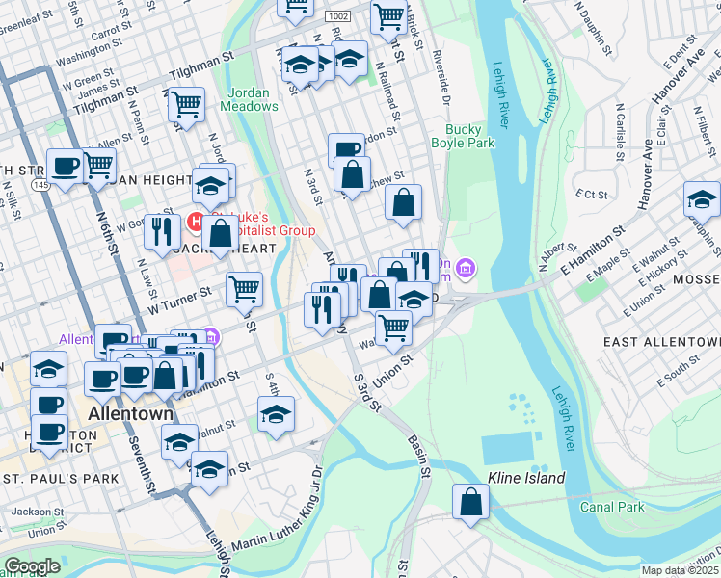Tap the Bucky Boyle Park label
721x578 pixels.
point(469,136)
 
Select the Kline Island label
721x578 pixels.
point(526,478)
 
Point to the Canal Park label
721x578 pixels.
point(611,506)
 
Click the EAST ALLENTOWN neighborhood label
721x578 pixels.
point(660,342)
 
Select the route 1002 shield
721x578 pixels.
point(337,16)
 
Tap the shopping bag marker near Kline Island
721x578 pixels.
point(469,502)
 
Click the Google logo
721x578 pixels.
point(33,566)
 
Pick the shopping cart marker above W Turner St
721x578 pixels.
point(244,287)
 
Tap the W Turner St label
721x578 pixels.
point(178,299)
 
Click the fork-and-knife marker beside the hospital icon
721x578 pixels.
point(161,230)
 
